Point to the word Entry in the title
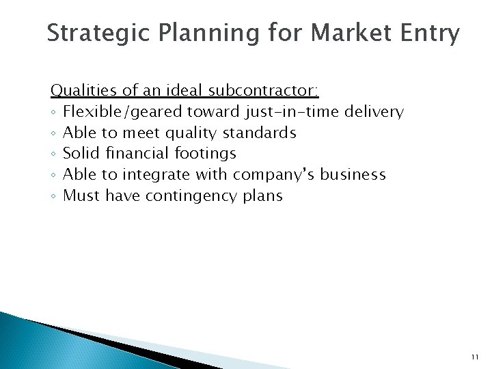428,33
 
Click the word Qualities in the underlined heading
77,90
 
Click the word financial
129,153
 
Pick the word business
354,174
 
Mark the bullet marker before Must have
53,196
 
